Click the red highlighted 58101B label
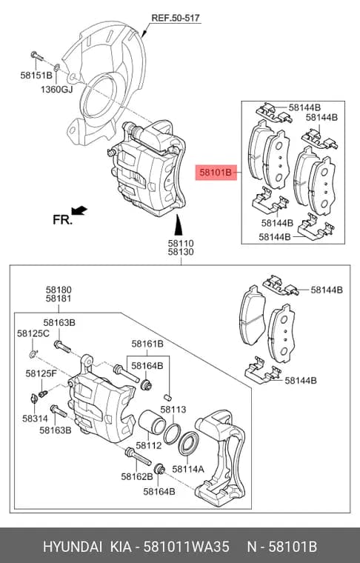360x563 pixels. [216, 173]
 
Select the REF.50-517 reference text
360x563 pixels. [175, 18]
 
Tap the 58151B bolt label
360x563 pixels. [36, 76]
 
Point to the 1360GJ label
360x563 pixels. [57, 89]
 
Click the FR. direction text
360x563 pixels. [62, 220]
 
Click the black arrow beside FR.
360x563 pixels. [79, 210]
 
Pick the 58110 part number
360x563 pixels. [181, 244]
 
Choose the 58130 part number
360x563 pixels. [181, 252]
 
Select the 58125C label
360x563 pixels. [33, 333]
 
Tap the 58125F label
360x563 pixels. [41, 374]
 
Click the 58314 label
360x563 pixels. [35, 419]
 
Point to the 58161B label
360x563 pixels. [147, 344]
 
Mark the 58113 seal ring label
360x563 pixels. [173, 410]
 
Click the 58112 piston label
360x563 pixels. [149, 446]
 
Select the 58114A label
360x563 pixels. [188, 469]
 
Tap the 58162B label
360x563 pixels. [137, 476]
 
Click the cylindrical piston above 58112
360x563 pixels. [151, 422]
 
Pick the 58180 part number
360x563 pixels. [59, 290]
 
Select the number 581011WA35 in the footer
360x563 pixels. [186, 547]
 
